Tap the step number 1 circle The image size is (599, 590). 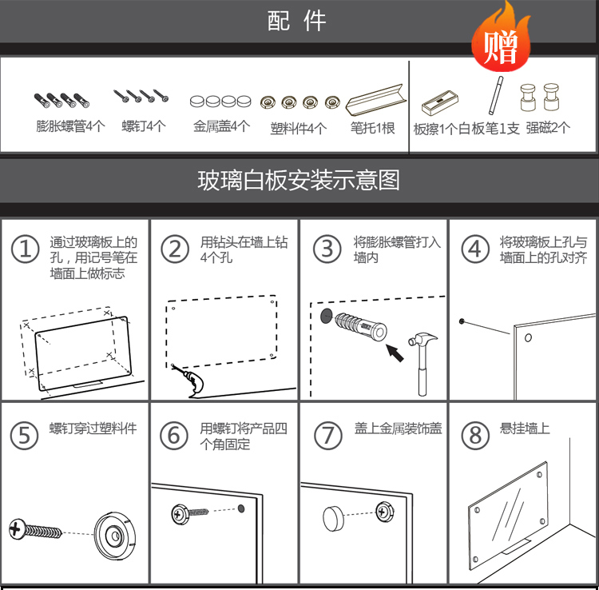click(26, 249)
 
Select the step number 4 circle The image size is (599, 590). click(475, 249)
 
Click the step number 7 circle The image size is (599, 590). click(327, 436)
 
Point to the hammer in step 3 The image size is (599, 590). click(422, 364)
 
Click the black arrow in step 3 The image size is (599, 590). click(395, 353)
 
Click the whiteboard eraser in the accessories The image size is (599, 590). click(440, 102)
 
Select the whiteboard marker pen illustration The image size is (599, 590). click(496, 95)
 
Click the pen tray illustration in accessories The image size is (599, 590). click(376, 99)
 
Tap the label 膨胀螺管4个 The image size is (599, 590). click(70, 126)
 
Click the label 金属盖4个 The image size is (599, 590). click(221, 126)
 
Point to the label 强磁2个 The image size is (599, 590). click(548, 128)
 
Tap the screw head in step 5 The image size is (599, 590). click(17, 528)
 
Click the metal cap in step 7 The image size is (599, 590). click(334, 519)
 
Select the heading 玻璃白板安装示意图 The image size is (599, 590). click(299, 180)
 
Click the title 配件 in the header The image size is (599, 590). click(296, 21)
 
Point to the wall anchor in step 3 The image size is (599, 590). click(361, 326)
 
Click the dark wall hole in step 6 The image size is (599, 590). click(241, 508)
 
